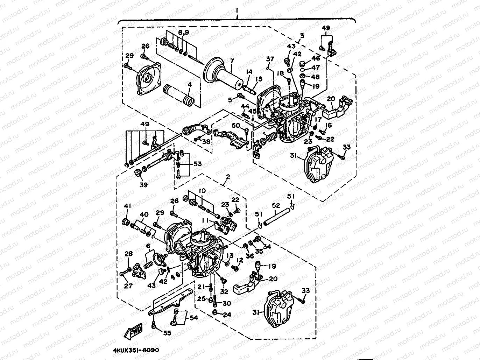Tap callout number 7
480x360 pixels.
(232, 61)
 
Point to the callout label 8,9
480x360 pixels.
(184, 33)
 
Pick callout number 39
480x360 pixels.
(143, 184)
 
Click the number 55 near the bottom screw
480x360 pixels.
(167, 333)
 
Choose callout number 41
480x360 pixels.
(127, 206)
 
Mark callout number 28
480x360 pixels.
(128, 254)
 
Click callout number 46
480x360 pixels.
(316, 58)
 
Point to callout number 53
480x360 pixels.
(198, 164)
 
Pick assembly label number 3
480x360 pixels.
(302, 36)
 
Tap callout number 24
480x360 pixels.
(227, 315)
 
